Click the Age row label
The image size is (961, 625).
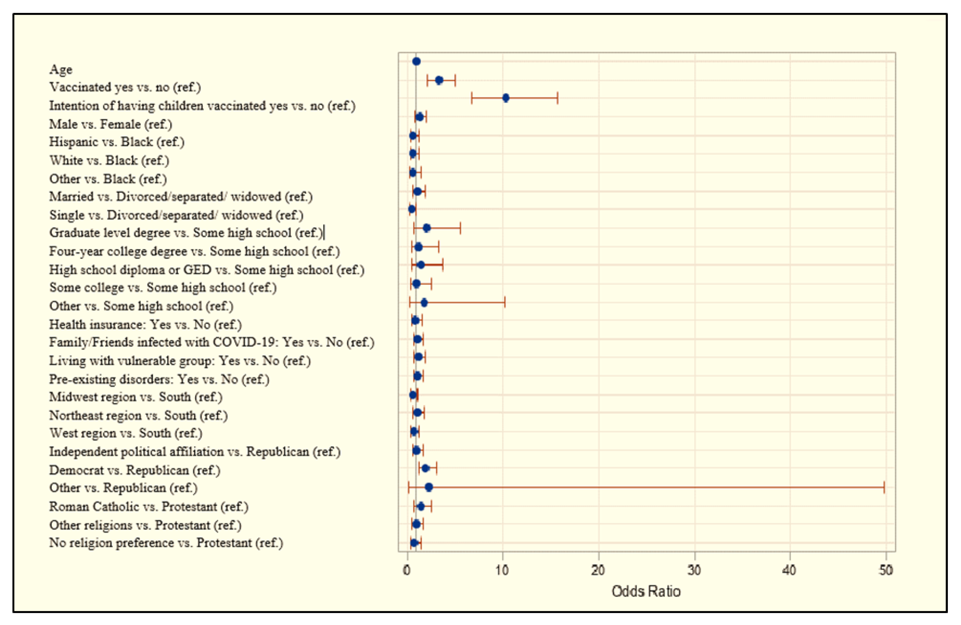point(60,70)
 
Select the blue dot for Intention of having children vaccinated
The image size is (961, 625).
point(505,98)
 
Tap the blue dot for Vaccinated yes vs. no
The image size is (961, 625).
point(439,80)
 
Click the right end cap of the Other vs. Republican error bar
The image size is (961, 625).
point(884,487)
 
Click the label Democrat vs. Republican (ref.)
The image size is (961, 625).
point(135,470)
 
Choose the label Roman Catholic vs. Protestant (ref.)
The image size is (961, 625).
point(149,506)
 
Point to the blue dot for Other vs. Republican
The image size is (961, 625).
point(429,487)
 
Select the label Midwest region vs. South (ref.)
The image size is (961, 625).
point(136,397)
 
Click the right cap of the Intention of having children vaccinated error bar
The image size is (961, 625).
point(558,98)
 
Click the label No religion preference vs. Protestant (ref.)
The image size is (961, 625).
point(166,543)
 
